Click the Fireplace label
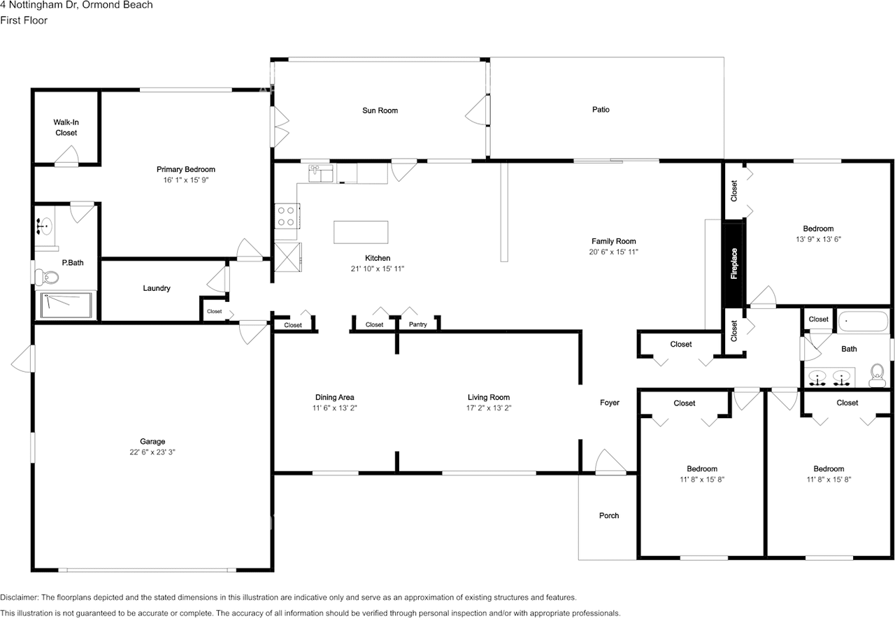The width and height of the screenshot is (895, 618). pyautogui.click(x=734, y=264)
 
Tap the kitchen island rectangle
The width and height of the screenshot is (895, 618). pyautogui.click(x=361, y=232)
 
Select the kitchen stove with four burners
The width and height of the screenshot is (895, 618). pyautogui.click(x=287, y=215)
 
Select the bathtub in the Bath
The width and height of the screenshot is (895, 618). pyautogui.click(x=863, y=322)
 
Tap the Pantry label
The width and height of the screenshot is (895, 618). pyautogui.click(x=417, y=324)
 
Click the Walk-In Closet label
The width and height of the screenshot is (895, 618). pyautogui.click(x=66, y=127)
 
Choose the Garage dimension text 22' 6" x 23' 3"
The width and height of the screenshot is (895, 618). pyautogui.click(x=152, y=452)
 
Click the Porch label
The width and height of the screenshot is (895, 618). pyautogui.click(x=609, y=516)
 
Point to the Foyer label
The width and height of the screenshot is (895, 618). pyautogui.click(x=610, y=403)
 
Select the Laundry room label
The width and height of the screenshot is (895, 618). pyautogui.click(x=157, y=288)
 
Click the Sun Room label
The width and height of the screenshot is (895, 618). pyautogui.click(x=380, y=110)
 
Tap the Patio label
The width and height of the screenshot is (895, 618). pyautogui.click(x=601, y=110)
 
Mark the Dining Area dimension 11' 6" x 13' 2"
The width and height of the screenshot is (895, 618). pyautogui.click(x=335, y=408)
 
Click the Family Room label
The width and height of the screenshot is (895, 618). pyautogui.click(x=613, y=241)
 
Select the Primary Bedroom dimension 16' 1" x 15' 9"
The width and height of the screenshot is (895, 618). pyautogui.click(x=185, y=180)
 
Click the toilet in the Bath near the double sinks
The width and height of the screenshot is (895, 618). pyautogui.click(x=877, y=377)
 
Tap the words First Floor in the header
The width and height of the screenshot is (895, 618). pyautogui.click(x=24, y=20)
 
